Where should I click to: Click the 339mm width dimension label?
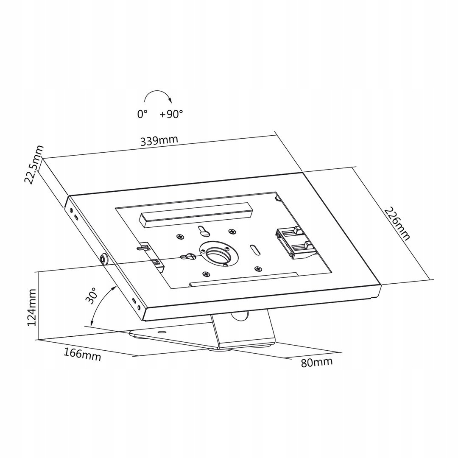click(159, 140)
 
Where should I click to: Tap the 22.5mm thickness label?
click(34, 165)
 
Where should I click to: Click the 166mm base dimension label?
click(82, 354)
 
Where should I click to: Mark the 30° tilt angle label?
click(91, 296)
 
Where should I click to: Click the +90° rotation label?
click(171, 114)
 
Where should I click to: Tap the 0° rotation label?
click(142, 114)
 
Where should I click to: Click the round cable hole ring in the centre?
click(219, 254)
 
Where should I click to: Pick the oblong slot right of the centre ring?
click(255, 250)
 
